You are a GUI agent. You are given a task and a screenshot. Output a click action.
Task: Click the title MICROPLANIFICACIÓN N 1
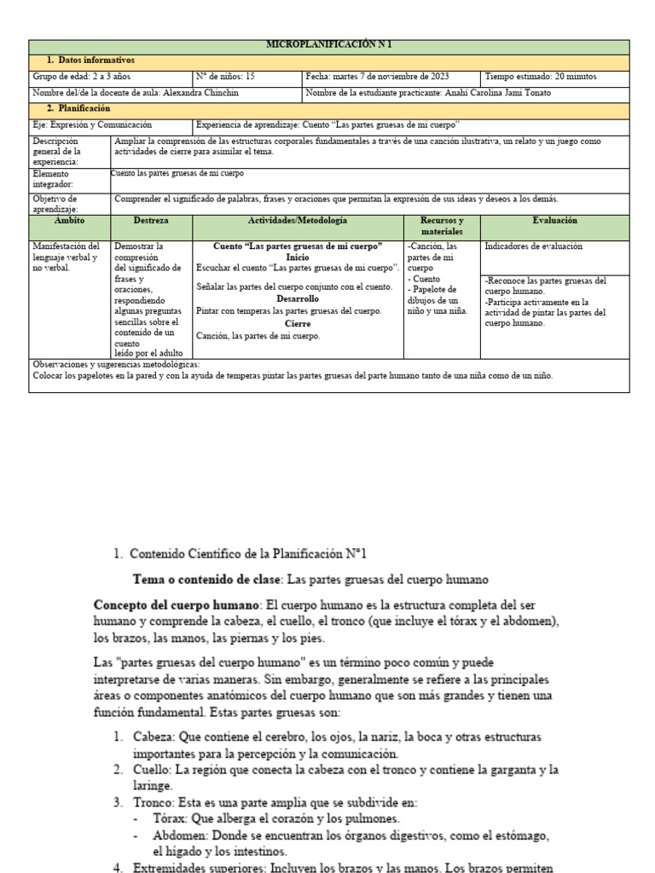(x=329, y=45)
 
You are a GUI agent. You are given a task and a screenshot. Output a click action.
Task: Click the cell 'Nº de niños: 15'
(x=226, y=77)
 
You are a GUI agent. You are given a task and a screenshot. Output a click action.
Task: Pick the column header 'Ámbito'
(x=69, y=221)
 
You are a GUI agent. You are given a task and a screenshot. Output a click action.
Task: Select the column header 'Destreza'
(x=151, y=221)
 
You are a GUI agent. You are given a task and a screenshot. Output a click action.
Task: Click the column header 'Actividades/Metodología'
(x=297, y=221)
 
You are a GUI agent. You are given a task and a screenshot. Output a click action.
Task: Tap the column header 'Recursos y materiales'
(x=442, y=226)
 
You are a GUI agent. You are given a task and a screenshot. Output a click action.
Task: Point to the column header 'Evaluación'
(x=554, y=221)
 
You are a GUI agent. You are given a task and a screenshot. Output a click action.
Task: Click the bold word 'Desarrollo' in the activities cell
(x=297, y=299)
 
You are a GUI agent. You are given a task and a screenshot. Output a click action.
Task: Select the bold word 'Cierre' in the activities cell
(x=298, y=324)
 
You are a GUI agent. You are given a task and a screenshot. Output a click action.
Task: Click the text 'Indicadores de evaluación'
(x=533, y=246)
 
